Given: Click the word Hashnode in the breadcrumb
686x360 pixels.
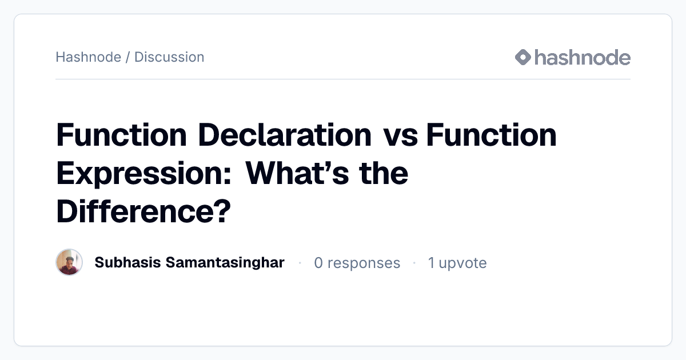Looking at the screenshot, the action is [89, 57].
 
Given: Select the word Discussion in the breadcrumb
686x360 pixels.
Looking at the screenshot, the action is [169, 57].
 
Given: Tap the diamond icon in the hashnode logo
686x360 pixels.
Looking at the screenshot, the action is [523, 57].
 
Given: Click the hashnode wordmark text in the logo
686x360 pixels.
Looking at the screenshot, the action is [583, 57].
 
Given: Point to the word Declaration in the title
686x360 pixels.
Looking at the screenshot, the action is [285, 135].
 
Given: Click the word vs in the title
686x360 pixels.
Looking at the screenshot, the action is [401, 138].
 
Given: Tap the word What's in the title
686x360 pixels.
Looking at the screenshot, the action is [297, 173].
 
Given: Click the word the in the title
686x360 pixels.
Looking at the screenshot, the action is [384, 173].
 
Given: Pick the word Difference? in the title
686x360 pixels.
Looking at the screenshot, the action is [143, 211].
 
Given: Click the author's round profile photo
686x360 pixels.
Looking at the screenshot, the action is [69, 262].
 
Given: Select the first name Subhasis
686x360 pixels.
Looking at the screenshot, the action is [127, 262].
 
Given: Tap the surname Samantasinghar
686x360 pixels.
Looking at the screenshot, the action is [225, 263].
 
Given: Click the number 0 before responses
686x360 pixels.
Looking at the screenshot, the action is [318, 263].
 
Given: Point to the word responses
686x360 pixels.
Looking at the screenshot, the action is [364, 264].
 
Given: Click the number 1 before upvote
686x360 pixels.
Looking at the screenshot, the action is [431, 263].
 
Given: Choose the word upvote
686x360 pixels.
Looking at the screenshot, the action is [462, 264].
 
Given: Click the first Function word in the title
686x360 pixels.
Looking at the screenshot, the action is [122, 135].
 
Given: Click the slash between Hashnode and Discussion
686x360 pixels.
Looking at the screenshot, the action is [127, 57].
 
